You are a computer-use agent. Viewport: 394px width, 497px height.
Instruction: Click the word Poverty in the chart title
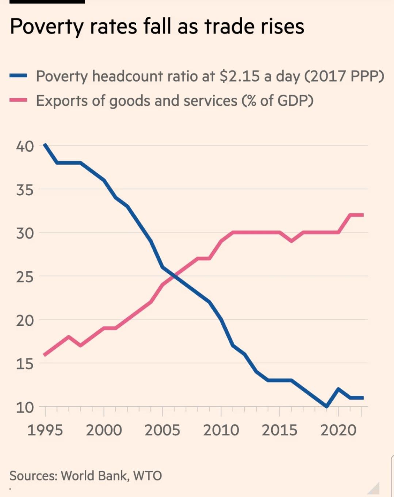pos(46,27)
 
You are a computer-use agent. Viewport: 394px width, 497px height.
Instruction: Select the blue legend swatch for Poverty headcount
pos(18,76)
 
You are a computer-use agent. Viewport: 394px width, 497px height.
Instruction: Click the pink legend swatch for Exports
pos(18,100)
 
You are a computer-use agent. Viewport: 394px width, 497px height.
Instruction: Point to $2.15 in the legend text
pos(240,76)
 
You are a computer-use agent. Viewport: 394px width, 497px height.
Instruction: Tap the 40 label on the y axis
pos(25,146)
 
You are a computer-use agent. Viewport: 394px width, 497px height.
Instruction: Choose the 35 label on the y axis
pos(25,190)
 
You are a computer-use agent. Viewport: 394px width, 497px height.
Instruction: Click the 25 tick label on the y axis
pos(25,277)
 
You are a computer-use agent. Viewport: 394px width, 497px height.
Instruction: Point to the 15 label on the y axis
pos(25,364)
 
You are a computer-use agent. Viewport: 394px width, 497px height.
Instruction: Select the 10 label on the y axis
pos(25,407)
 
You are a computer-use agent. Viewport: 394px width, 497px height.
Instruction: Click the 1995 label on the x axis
pos(45,430)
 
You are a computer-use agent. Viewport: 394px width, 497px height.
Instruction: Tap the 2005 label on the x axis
pos(162,430)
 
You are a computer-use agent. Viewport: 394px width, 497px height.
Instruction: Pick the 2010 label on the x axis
pos(221,430)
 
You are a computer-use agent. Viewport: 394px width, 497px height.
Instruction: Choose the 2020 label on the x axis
pos(338,430)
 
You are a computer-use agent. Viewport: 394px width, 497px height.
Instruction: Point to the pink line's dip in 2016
pos(291,241)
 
